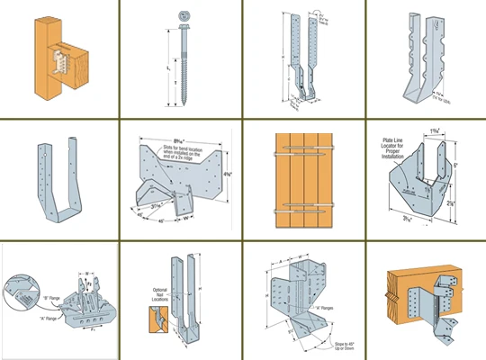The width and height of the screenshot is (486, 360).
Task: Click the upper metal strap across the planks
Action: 302,148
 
